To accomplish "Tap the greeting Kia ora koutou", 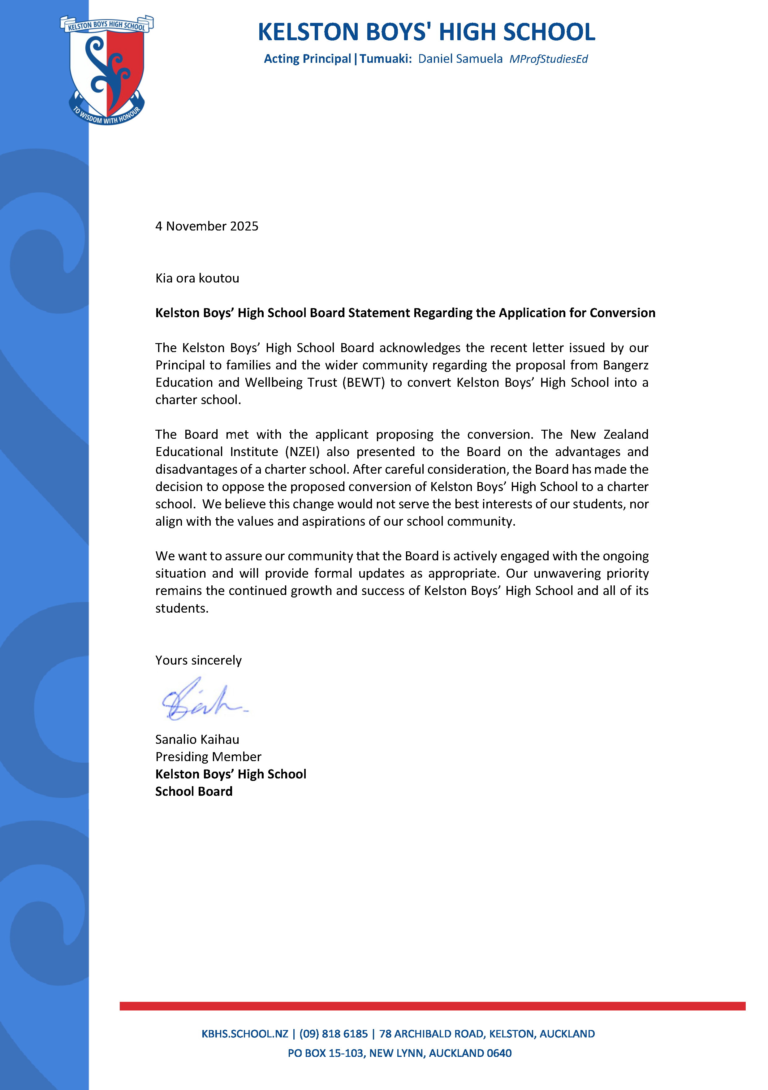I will (x=197, y=278).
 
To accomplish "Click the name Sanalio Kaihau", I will (x=197, y=739).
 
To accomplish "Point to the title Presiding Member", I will (x=208, y=757).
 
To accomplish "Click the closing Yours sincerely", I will (x=198, y=660).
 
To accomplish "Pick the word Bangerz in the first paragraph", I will (x=625, y=365).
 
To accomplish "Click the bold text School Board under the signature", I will (x=194, y=791).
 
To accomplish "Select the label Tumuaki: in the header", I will (x=386, y=59).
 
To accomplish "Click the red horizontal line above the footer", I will (x=432, y=1006).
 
